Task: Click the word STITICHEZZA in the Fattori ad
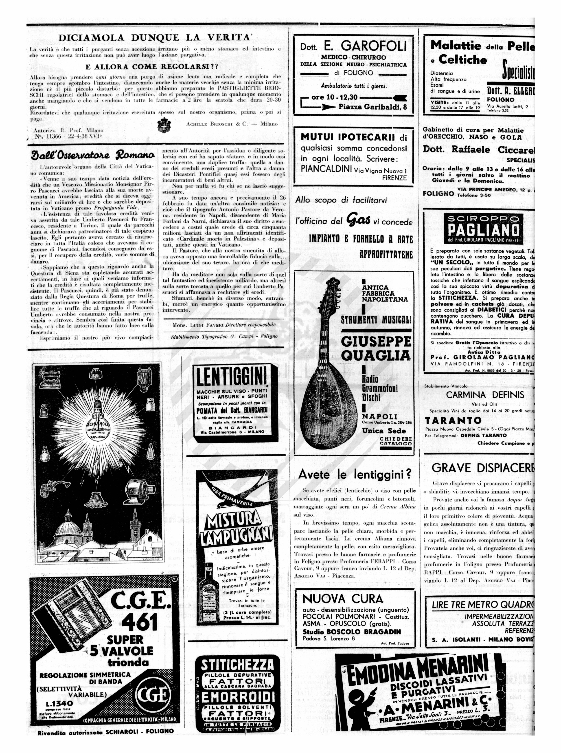pos(237,665)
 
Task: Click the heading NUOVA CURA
pos(342,599)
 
